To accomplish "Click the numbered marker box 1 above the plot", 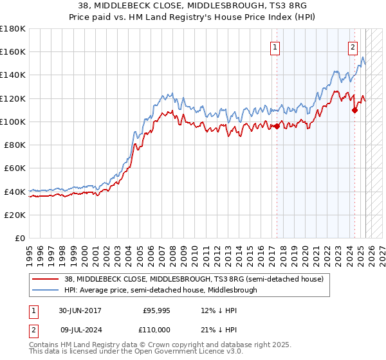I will pos(275,47).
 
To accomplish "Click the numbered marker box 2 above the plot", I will pos(353,47).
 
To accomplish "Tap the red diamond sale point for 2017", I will pos(277,126).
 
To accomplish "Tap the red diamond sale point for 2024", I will pos(354,110).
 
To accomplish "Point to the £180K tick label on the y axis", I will pos(13,29).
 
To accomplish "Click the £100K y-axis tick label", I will pos(13,122).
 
